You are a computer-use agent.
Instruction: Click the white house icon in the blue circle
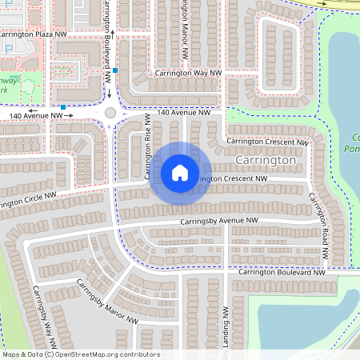(180, 172)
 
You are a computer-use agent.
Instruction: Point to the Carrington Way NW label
(188, 73)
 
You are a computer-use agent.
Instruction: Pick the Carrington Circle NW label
(28, 201)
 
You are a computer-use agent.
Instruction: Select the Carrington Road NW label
(318, 227)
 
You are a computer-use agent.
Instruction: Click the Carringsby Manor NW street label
(107, 304)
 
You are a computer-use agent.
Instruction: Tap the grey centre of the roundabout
(110, 114)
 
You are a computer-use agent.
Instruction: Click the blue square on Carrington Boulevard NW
(116, 71)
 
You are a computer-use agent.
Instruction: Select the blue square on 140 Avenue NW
(62, 106)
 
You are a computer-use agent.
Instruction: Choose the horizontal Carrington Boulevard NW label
(282, 273)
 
